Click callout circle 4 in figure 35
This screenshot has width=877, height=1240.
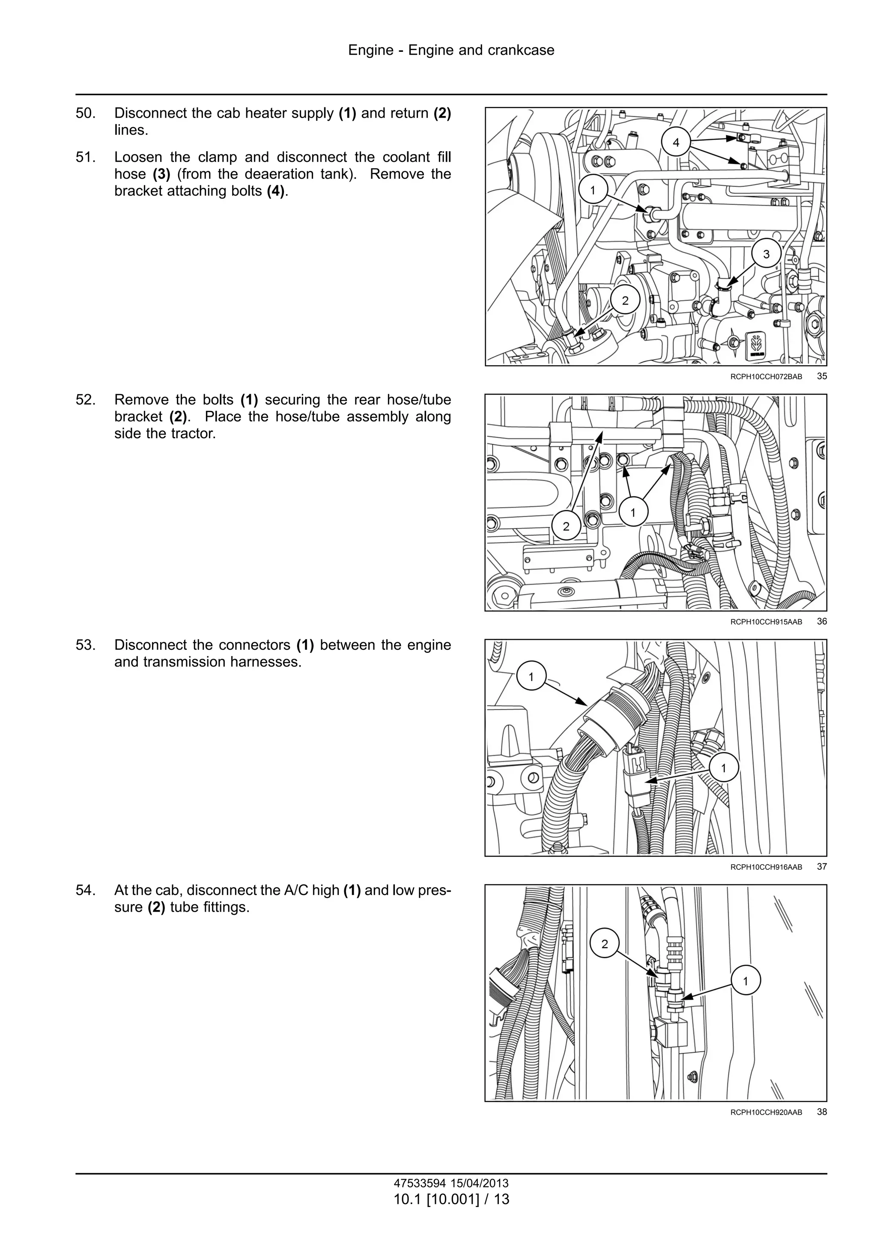(676, 143)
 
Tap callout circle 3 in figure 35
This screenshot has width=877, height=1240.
(766, 254)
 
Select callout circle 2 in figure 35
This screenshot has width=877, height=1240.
(625, 301)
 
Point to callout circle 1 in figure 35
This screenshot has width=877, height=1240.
(593, 190)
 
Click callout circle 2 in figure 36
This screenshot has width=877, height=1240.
(566, 526)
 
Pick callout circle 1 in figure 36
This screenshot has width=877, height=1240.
(633, 512)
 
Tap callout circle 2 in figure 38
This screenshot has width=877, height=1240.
(605, 943)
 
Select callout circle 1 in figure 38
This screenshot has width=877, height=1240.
(746, 981)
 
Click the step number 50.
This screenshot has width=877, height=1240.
(86, 113)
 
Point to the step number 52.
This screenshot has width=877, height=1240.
(86, 400)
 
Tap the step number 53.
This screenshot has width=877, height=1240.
(86, 645)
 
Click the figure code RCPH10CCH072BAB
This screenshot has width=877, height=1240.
(766, 376)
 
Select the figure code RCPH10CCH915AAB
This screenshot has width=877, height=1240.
(766, 621)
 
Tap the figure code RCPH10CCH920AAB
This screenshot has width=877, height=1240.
(766, 1112)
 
